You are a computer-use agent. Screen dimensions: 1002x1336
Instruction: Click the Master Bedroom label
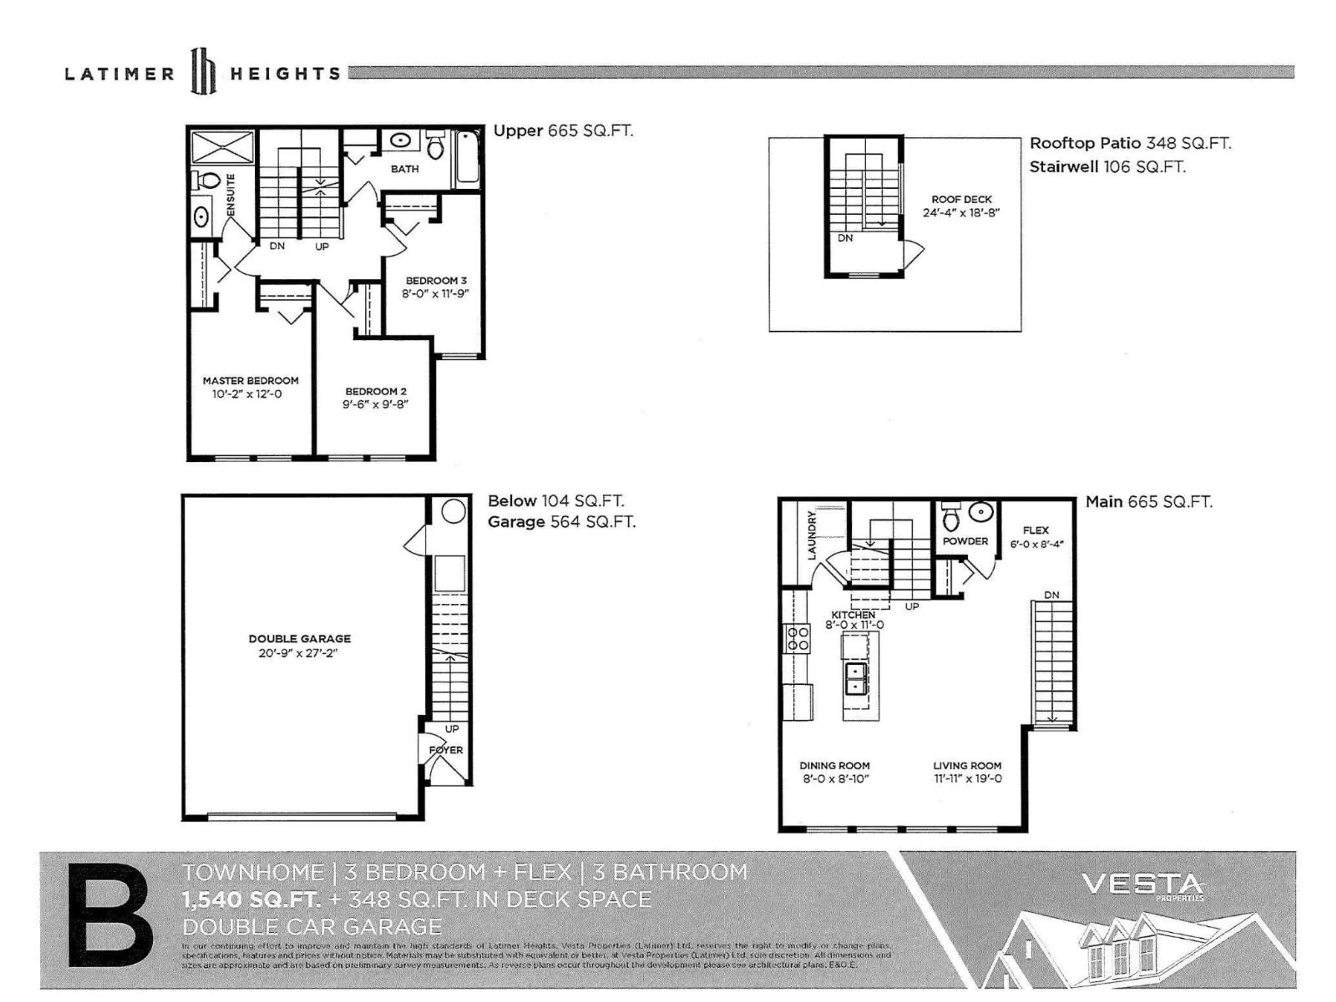(x=250, y=381)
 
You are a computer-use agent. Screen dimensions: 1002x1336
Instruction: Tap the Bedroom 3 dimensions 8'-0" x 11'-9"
(x=436, y=294)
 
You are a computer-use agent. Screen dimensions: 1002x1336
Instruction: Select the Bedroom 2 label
(x=376, y=391)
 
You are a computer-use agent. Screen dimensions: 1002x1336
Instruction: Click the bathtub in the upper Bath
(x=468, y=160)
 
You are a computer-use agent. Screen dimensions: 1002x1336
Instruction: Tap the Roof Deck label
(x=961, y=199)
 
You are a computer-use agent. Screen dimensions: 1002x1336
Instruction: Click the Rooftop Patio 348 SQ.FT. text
(x=1129, y=143)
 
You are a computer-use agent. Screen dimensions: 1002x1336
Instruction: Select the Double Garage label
(x=300, y=638)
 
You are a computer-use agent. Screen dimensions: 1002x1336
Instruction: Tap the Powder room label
(x=965, y=541)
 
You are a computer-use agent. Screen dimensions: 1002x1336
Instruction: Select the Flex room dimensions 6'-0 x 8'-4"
(x=1036, y=544)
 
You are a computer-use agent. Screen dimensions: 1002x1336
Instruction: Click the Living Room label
(x=967, y=765)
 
